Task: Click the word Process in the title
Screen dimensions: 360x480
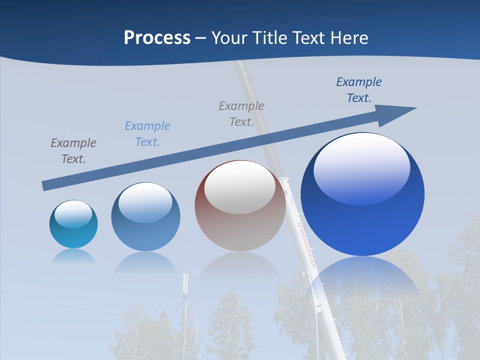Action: tap(157, 37)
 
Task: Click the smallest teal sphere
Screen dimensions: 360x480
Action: tap(73, 224)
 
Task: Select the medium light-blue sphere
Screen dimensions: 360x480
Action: tap(145, 217)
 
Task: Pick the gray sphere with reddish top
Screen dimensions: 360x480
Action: tap(240, 206)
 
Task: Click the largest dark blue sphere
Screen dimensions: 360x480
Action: tap(362, 194)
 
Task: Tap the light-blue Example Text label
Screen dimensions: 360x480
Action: tap(147, 133)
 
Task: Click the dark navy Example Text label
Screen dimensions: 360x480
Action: tap(358, 89)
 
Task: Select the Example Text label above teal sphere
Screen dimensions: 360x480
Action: tap(73, 150)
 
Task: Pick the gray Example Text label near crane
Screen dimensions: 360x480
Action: tap(241, 113)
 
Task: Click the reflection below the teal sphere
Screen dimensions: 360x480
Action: tap(73, 256)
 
